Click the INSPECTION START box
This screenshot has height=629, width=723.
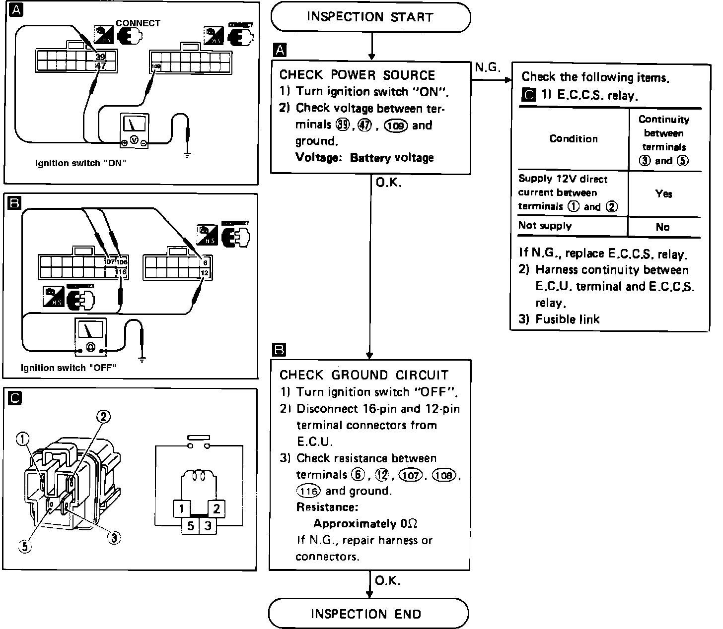370,17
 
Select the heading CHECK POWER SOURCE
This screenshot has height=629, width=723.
357,75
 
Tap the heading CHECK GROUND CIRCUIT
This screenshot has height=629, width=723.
364,375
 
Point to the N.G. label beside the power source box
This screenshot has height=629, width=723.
487,67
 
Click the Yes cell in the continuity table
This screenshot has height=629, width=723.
663,193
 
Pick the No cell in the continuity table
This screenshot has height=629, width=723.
662,227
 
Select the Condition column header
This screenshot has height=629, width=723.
574,139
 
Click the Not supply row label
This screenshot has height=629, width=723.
545,226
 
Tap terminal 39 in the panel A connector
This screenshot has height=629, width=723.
100,57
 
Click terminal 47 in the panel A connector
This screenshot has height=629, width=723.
100,65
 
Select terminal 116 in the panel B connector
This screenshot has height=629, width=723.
121,272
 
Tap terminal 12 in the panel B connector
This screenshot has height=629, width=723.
204,273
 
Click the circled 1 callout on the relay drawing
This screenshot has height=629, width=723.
23,438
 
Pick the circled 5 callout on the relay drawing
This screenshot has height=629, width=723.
24,546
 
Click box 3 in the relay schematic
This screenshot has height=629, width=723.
208,526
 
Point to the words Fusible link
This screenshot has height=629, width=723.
567,319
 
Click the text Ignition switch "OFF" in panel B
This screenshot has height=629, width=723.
69,368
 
